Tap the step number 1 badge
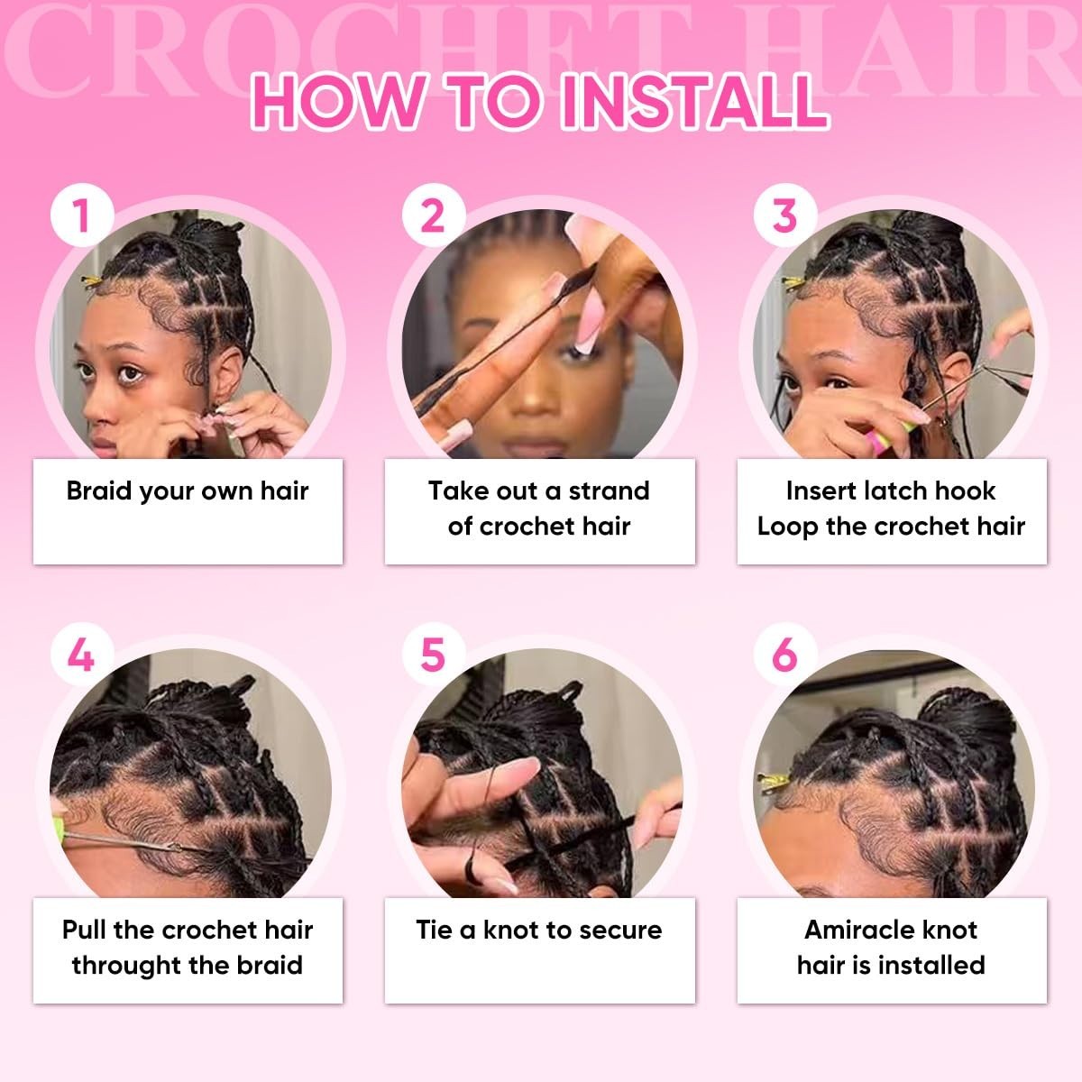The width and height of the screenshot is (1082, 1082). pos(82,215)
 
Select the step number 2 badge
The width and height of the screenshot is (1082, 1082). pos(434,215)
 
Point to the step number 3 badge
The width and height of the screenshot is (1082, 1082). pos(785,215)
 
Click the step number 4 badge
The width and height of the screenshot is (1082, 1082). pos(82,654)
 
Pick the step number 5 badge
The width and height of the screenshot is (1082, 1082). pos(434,654)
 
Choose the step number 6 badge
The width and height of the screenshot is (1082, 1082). pos(785,654)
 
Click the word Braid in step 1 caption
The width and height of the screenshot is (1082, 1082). pos(99,491)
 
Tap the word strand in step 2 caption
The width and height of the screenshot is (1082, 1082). pos(610,491)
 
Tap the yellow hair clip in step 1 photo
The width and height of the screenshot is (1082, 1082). pos(92,280)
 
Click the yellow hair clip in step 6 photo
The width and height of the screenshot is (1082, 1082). pos(775,781)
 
